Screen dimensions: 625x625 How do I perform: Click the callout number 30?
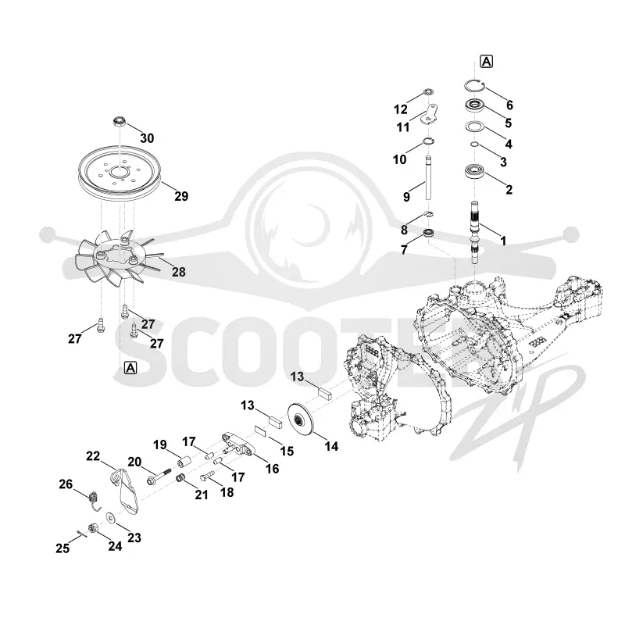pos(147,138)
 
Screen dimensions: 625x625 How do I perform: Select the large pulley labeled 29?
pos(120,173)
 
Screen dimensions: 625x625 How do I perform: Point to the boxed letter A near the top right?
pos(487,62)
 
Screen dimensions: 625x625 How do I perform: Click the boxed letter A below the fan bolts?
pos(130,367)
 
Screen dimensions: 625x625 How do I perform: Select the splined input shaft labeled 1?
pos(475,232)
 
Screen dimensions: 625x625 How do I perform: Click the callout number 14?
pos(331,446)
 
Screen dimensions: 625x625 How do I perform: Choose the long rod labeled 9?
pos(427,177)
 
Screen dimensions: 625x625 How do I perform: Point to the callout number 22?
pos(93,456)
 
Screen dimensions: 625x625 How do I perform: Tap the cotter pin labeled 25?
pos(81,534)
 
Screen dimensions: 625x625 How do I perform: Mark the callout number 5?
pos(508,123)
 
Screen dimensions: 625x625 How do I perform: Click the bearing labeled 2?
pos(475,172)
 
